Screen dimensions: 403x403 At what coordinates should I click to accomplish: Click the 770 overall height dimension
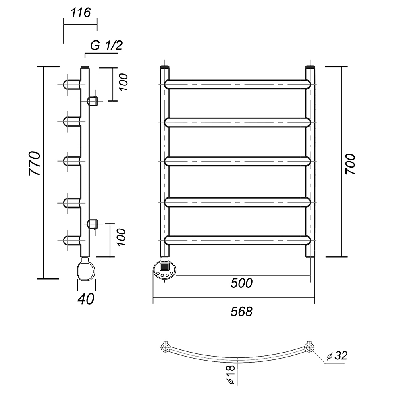[34, 164]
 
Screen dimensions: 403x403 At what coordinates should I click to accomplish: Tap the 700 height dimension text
[350, 164]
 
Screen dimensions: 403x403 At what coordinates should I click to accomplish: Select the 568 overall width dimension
[241, 311]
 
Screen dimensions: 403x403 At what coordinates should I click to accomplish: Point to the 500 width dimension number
[241, 283]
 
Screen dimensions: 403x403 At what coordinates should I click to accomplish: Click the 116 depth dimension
[81, 13]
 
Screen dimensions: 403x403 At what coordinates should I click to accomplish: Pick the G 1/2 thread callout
[106, 46]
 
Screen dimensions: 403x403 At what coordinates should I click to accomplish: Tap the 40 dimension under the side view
[86, 299]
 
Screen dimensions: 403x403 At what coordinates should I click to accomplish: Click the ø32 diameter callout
[337, 356]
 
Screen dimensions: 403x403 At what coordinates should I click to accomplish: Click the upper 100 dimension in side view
[123, 82]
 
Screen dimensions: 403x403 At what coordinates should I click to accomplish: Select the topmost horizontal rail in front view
[238, 84]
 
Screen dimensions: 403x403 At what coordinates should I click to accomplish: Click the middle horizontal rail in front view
[238, 161]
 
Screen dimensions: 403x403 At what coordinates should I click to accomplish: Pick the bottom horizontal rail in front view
[238, 240]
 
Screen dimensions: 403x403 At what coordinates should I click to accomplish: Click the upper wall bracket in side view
[93, 100]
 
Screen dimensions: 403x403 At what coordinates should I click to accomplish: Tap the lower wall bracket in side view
[93, 224]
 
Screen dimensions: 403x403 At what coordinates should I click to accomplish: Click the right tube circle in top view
[309, 347]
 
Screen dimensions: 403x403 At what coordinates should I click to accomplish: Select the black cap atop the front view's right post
[310, 67]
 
